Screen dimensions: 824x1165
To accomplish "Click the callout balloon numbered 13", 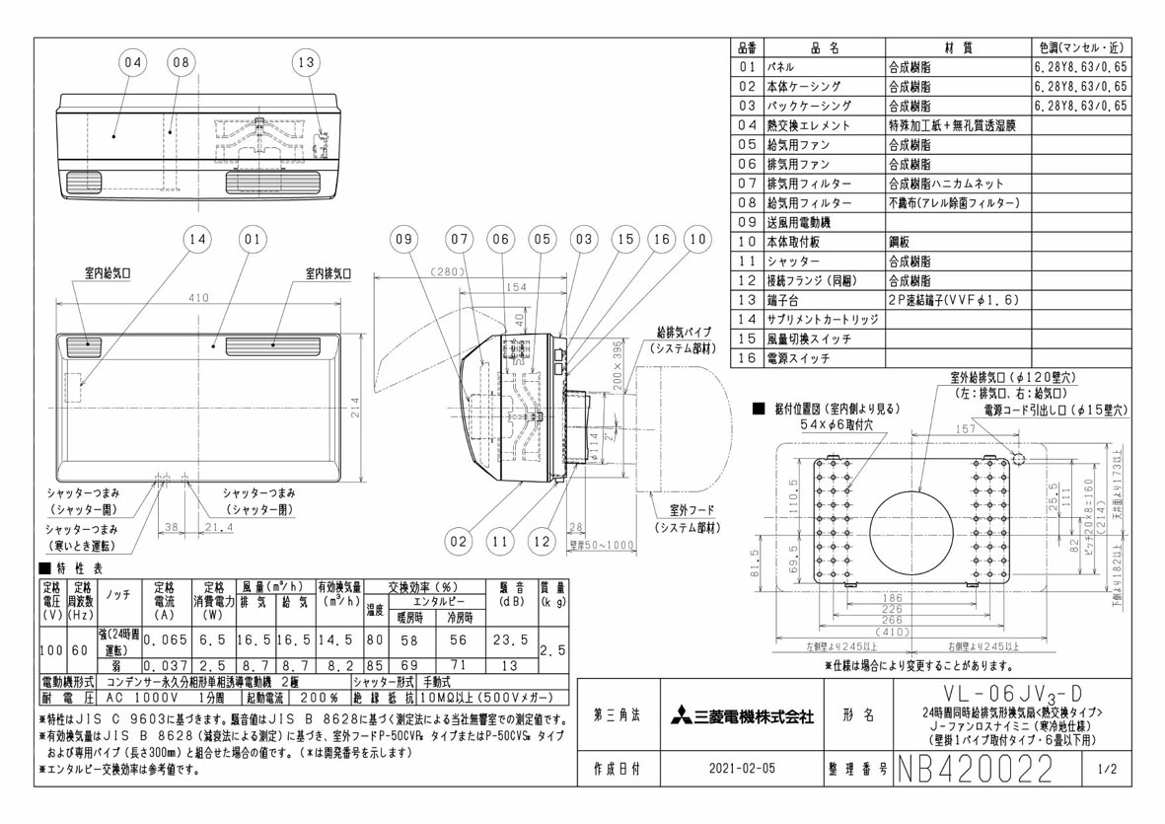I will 307,63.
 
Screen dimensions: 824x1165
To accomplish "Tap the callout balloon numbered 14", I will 198,238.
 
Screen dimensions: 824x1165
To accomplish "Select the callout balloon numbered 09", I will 402,238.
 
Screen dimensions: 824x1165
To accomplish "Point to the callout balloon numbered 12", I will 541,541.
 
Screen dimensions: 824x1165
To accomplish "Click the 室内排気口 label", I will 327,271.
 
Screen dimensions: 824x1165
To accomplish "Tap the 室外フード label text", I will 684,513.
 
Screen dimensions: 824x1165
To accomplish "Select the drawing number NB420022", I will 974,767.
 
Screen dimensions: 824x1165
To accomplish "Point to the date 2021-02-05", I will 741,767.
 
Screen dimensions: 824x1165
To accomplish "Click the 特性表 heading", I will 79,568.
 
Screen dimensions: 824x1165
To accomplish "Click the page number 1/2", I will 1104,767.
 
